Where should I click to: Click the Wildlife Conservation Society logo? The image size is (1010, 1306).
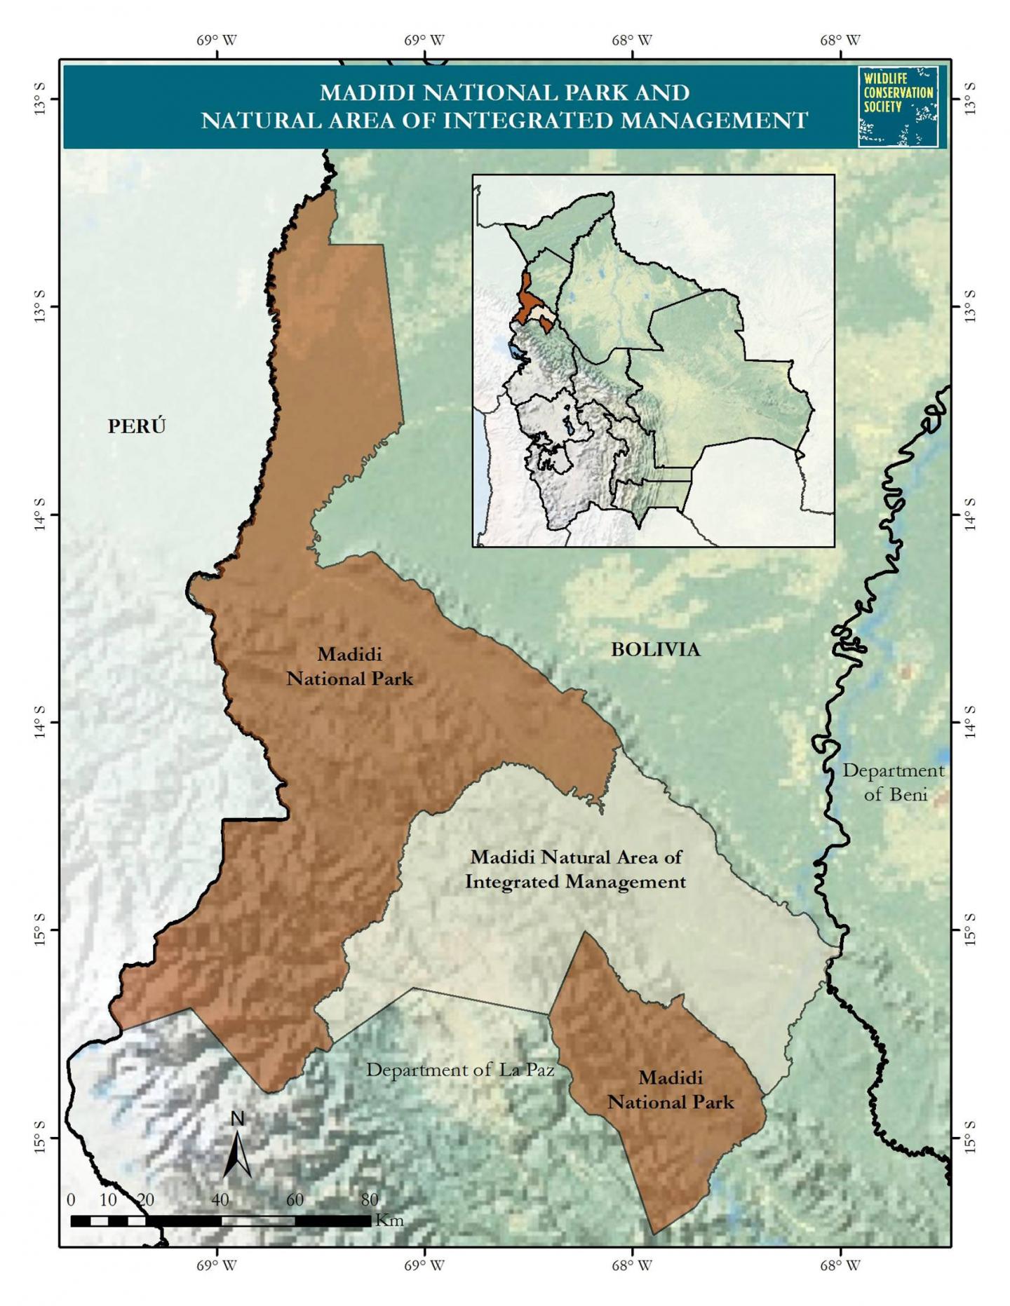[898, 106]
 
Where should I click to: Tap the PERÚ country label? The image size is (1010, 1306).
[137, 426]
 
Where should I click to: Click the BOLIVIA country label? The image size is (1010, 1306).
[655, 650]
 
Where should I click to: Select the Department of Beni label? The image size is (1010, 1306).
[894, 782]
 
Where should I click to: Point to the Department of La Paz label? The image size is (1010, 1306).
[460, 1070]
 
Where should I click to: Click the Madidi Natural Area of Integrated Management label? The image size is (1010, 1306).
[575, 869]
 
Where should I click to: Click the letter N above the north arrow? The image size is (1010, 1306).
[238, 1119]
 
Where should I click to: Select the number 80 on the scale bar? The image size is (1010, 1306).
[369, 1199]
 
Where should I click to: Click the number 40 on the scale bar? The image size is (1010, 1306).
[220, 1199]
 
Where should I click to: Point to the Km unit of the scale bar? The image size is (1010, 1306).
[389, 1220]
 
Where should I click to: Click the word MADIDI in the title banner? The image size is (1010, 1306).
[363, 93]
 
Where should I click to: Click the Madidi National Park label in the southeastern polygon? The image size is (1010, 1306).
[671, 1090]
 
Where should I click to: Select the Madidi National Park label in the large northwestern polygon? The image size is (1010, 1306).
[349, 667]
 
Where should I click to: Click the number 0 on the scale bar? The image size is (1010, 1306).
[71, 1199]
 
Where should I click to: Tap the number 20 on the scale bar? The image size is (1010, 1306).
[145, 1199]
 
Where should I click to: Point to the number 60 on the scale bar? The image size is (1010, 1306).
[295, 1199]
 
